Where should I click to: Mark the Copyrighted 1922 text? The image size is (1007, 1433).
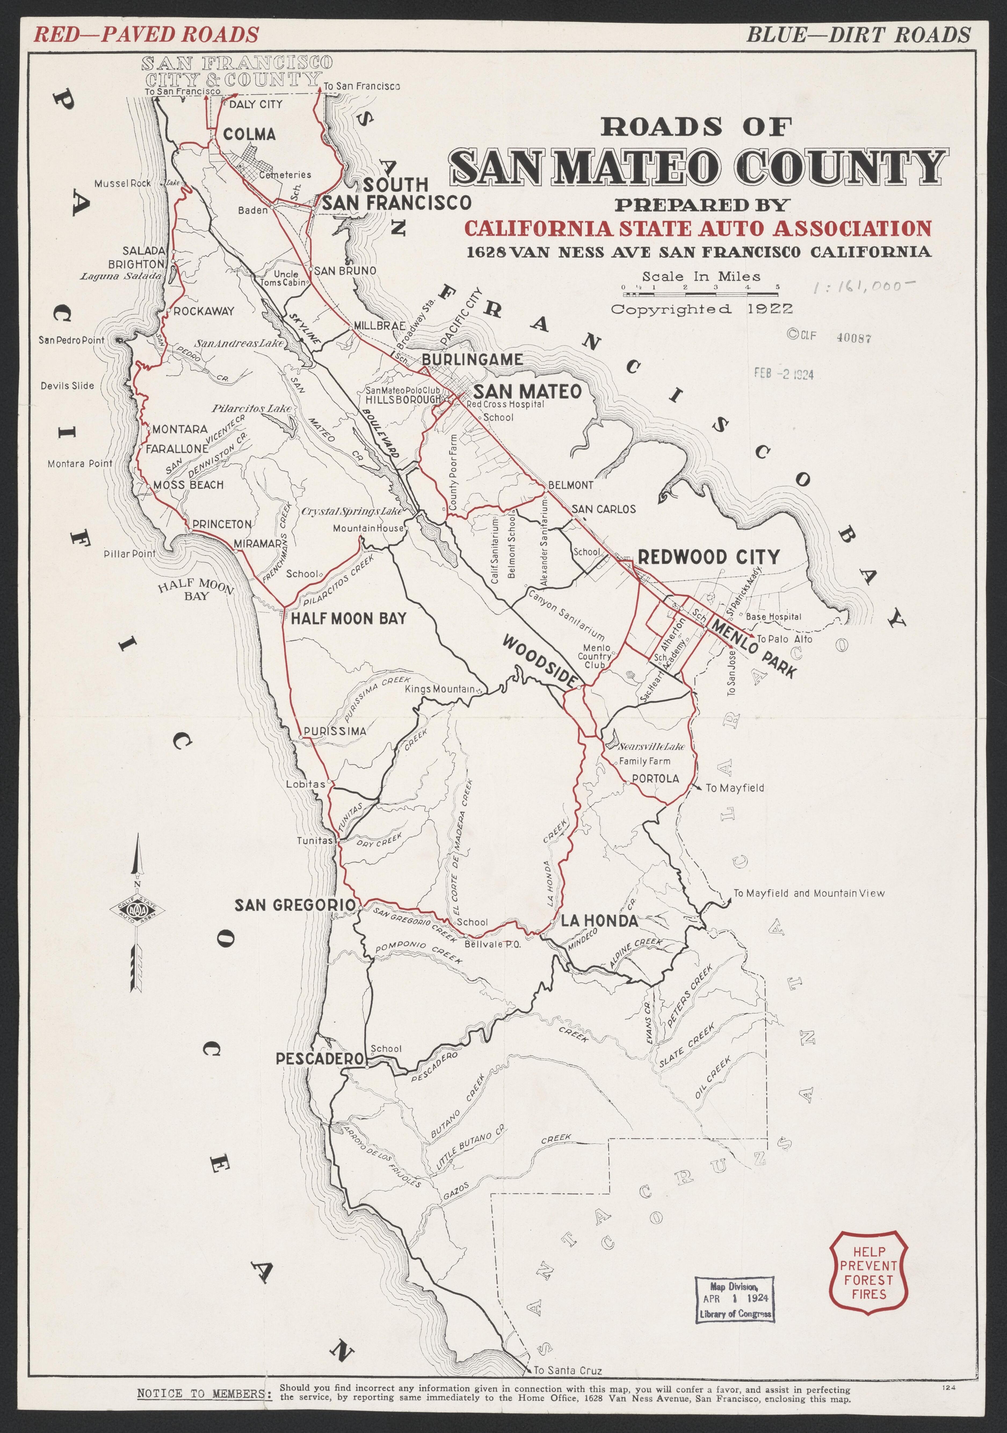(x=702, y=309)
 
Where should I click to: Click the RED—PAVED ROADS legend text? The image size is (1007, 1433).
(x=145, y=34)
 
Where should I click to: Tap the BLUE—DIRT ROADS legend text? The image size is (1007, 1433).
(x=859, y=34)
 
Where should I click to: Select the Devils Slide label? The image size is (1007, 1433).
(x=67, y=386)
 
